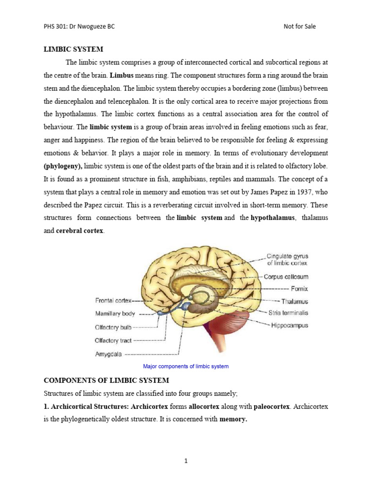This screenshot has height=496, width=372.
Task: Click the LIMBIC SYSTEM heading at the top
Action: (x=74, y=49)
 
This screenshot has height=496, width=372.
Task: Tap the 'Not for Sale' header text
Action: (x=299, y=26)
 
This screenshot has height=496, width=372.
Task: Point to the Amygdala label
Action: (x=108, y=354)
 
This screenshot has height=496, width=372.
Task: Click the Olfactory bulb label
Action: (x=114, y=327)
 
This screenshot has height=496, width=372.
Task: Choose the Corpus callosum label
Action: (x=286, y=277)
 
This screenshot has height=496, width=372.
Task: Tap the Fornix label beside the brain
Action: (x=299, y=289)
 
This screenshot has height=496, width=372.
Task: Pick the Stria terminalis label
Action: (x=288, y=313)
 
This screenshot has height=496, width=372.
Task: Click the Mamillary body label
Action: (x=115, y=313)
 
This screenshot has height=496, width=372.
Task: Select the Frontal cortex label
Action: (x=113, y=300)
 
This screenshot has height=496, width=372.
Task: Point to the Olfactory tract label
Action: (x=113, y=341)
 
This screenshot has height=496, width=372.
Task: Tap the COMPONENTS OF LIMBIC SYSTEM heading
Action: (x=107, y=381)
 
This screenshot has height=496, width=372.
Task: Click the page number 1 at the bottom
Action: (x=186, y=461)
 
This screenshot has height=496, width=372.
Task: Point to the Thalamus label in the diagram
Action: (x=294, y=301)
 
